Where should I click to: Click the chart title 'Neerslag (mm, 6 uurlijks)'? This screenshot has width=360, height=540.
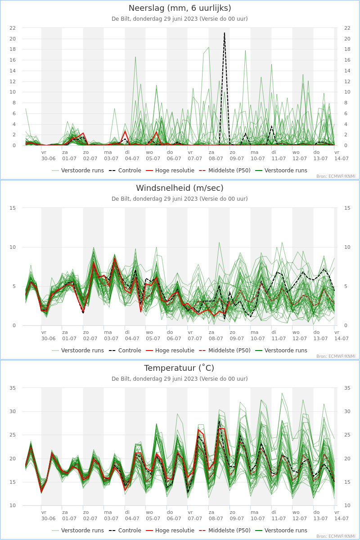click(180, 8)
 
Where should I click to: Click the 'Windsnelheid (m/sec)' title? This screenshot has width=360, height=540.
click(180, 188)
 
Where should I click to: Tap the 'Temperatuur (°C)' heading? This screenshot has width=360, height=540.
click(179, 368)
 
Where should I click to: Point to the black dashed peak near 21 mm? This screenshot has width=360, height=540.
click(225, 33)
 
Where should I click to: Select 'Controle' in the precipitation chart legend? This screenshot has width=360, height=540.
click(130, 171)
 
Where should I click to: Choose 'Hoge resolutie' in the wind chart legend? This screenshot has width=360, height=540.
click(175, 351)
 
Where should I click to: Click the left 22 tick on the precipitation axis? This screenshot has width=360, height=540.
click(13, 28)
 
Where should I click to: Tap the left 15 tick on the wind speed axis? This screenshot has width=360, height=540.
click(13, 208)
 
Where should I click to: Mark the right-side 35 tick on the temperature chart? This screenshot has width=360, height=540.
click(347, 388)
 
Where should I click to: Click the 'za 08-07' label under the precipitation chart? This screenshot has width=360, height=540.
click(216, 156)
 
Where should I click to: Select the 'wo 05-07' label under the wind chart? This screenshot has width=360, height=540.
click(153, 335)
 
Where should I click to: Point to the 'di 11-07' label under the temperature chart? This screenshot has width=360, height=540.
click(279, 515)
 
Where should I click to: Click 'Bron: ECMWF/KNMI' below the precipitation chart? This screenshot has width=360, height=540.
click(336, 176)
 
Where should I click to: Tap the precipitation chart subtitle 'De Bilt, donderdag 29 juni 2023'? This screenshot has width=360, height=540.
click(154, 19)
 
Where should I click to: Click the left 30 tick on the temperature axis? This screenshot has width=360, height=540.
click(13, 411)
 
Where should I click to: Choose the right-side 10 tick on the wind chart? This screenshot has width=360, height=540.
click(347, 247)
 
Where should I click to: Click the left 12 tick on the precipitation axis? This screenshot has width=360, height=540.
click(13, 81)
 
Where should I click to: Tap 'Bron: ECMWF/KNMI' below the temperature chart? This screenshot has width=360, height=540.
click(336, 536)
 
